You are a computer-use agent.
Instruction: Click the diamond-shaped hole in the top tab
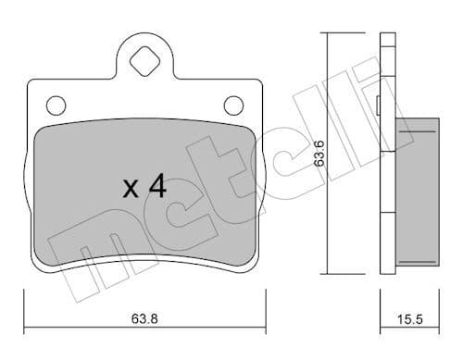point(144,62)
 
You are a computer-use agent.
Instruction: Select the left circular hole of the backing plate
point(56,104)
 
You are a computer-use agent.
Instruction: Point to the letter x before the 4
point(131,191)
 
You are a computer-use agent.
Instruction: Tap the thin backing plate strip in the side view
point(387,153)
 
